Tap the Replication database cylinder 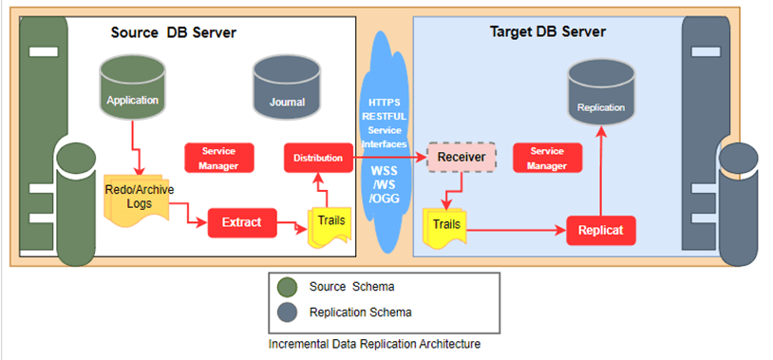pyautogui.click(x=601, y=100)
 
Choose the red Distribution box pyautogui.click(x=317, y=158)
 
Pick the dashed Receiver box pyautogui.click(x=462, y=157)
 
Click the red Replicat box pyautogui.click(x=600, y=230)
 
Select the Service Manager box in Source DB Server pyautogui.click(x=217, y=158)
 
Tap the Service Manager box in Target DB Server pyautogui.click(x=546, y=158)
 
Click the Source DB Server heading pyautogui.click(x=173, y=33)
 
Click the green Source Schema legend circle pyautogui.click(x=289, y=287)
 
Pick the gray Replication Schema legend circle pyautogui.click(x=289, y=312)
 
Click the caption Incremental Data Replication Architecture pyautogui.click(x=374, y=344)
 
